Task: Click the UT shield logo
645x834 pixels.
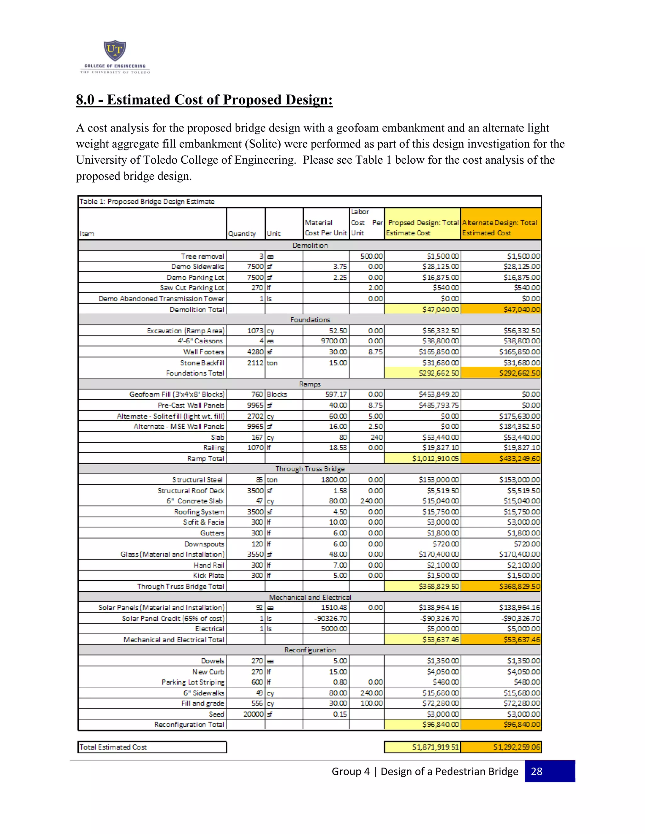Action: (115, 50)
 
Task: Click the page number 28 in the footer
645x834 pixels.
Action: (536, 771)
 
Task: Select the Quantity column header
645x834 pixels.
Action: (242, 233)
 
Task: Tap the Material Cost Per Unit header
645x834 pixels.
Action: (326, 228)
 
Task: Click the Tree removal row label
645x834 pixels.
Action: (202, 256)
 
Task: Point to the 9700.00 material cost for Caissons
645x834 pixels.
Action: (334, 341)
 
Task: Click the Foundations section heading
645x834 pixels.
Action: (310, 320)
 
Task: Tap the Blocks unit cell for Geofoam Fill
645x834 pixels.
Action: (277, 394)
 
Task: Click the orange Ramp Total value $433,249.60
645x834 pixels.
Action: (519, 458)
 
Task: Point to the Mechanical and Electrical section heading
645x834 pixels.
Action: (310, 597)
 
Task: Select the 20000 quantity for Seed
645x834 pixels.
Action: (253, 714)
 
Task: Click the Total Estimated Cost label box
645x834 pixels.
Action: (152, 747)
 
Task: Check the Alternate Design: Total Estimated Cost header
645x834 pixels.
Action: (500, 228)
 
